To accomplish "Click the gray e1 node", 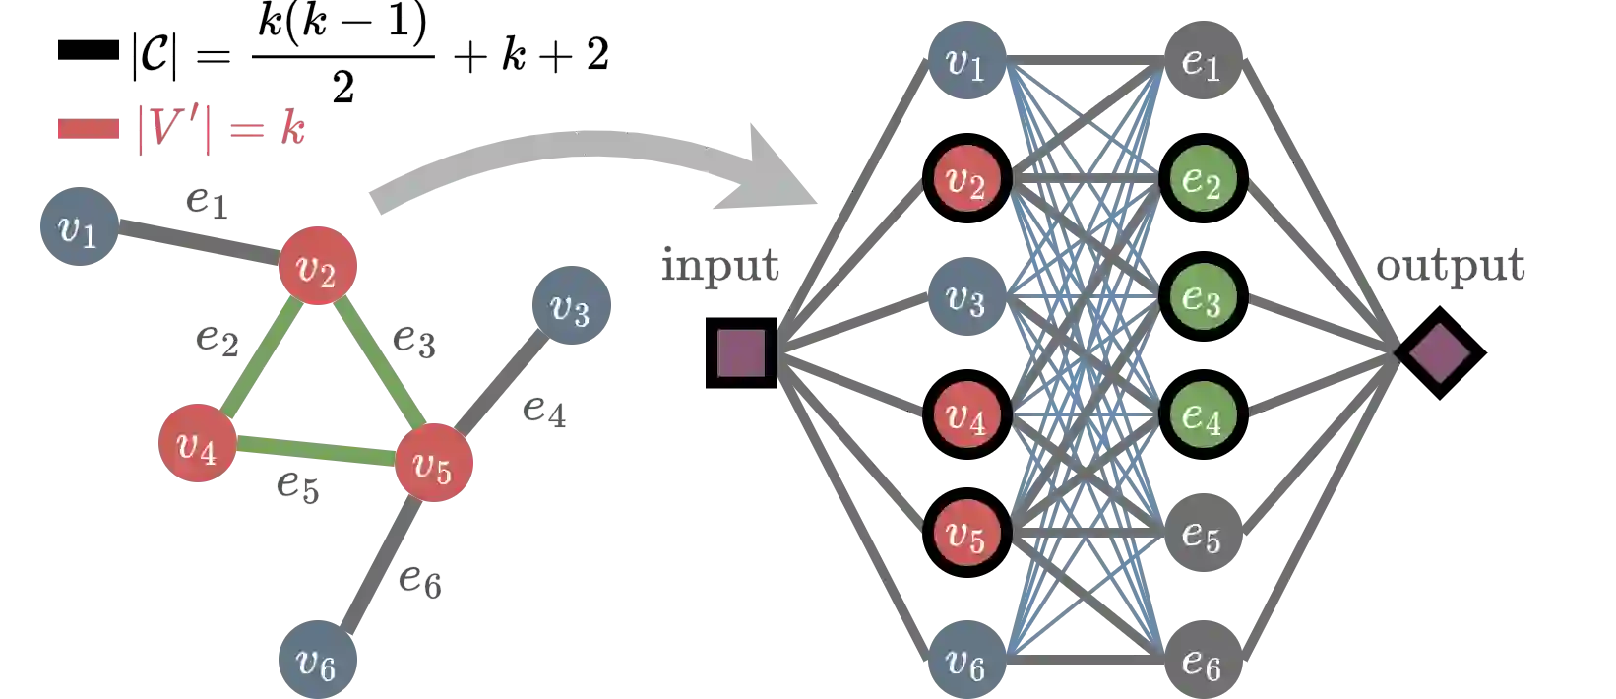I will [1202, 61].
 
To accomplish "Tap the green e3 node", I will [1202, 299].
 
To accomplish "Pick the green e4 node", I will [1202, 416].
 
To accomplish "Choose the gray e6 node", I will [1202, 663].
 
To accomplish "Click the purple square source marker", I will [741, 352].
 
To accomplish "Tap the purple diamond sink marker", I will [1439, 352].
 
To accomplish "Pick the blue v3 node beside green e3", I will [965, 299].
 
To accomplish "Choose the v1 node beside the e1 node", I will [965, 61].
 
